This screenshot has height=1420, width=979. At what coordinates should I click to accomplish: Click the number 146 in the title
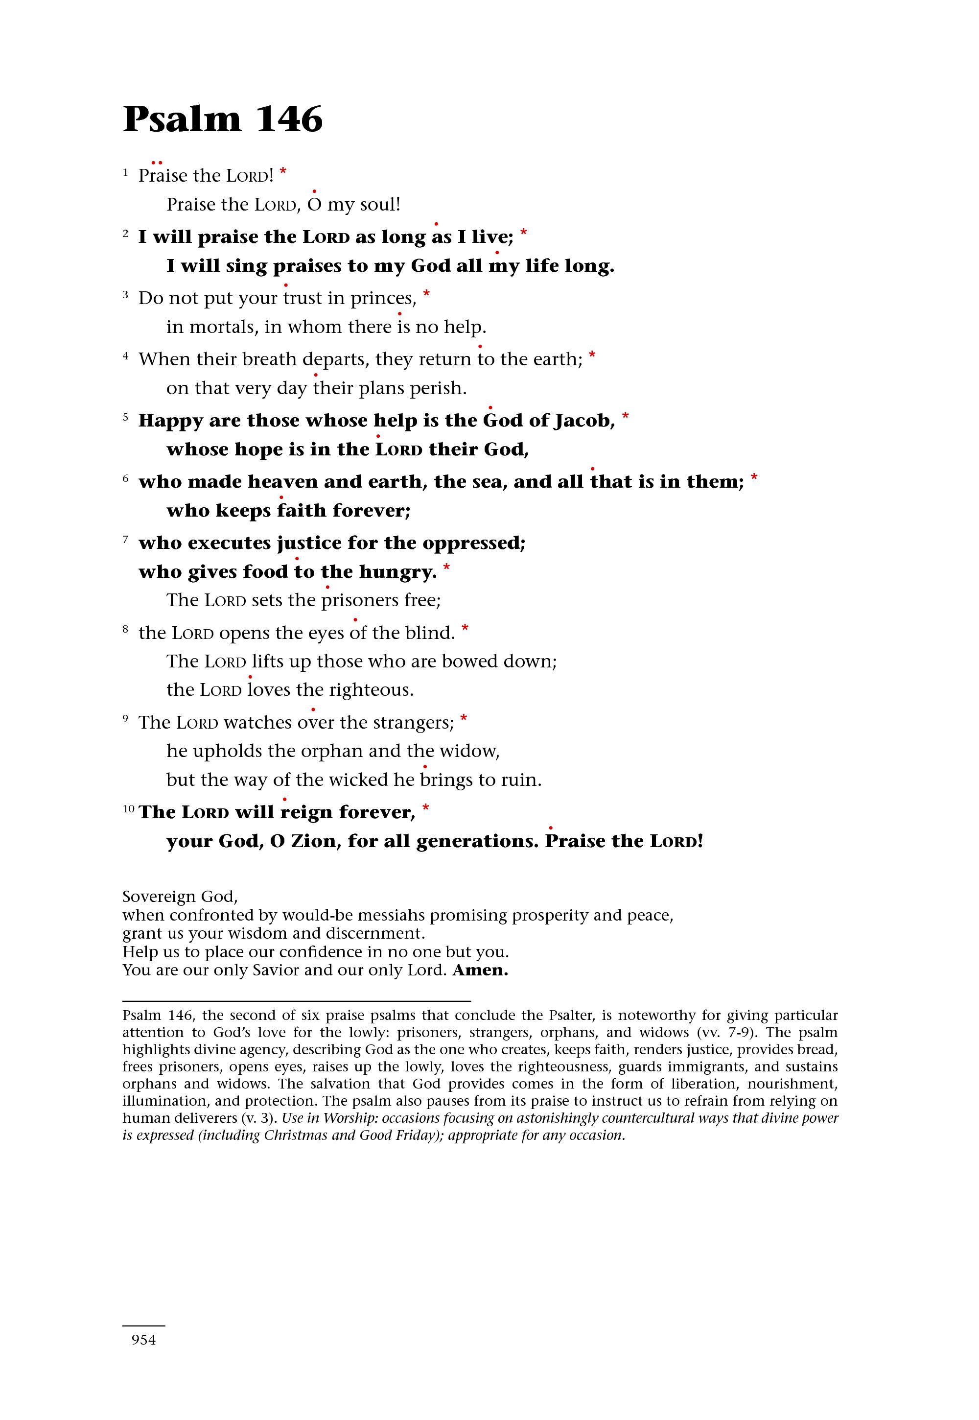[289, 119]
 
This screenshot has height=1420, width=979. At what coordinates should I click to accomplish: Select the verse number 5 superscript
[126, 417]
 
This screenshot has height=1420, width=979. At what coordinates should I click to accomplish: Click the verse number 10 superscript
[128, 809]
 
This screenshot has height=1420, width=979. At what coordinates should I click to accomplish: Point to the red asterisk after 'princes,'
[426, 295]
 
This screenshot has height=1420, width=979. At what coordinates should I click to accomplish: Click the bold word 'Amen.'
[480, 970]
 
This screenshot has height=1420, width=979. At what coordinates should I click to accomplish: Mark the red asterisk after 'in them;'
[754, 478]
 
